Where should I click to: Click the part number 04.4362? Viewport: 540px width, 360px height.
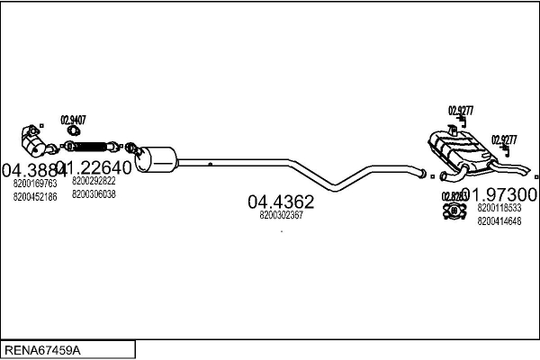point(280,202)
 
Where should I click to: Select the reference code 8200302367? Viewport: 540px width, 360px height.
point(280,215)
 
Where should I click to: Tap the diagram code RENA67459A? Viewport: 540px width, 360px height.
point(40,348)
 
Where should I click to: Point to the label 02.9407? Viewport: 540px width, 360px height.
point(73,119)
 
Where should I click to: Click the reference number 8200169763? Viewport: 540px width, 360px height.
point(35,183)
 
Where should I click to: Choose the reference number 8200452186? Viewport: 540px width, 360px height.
point(35,195)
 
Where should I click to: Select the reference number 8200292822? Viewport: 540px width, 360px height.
point(94,181)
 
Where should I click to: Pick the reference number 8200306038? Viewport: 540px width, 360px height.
point(94,193)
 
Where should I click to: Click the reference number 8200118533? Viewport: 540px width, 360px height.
point(499,208)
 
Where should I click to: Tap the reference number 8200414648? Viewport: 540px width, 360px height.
point(499,220)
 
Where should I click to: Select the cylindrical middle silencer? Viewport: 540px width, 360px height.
point(157,159)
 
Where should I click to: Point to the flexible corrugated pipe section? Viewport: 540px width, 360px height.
point(92,144)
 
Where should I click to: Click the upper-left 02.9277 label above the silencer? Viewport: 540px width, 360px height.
point(461,111)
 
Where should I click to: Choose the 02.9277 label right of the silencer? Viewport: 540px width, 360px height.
point(504,139)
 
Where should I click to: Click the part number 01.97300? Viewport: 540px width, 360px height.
point(500,194)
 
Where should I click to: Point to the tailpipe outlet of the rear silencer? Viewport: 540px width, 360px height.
point(525,171)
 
